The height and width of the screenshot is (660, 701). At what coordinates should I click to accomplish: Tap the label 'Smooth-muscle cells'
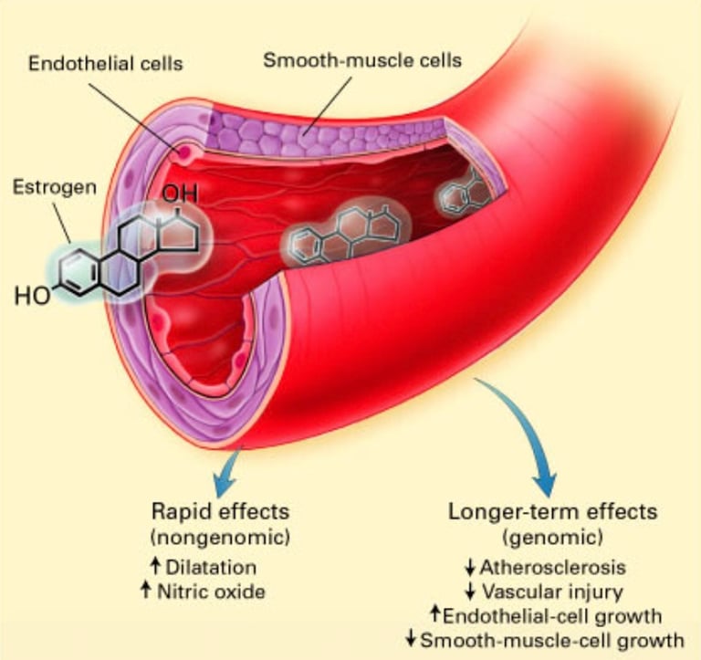(x=361, y=62)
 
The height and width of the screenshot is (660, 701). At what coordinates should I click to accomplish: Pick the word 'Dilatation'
(x=213, y=567)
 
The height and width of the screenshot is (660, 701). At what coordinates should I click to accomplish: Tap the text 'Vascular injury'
(x=548, y=591)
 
